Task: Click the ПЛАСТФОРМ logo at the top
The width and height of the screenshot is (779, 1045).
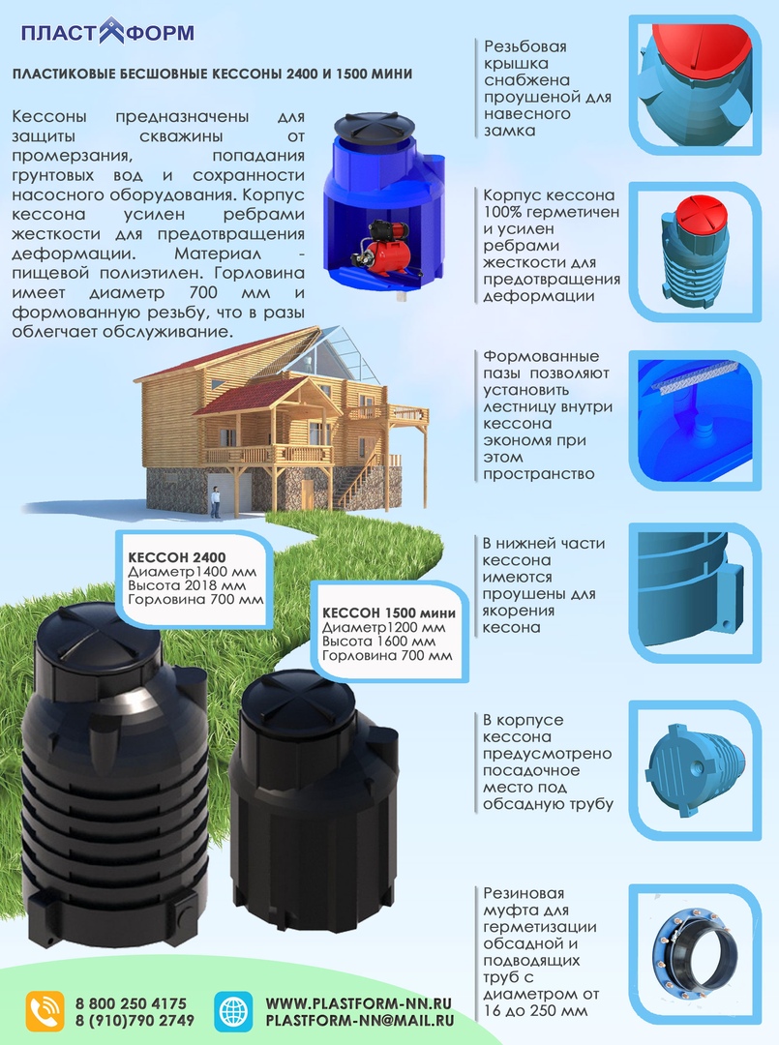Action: tap(107, 32)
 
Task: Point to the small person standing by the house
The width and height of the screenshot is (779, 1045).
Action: tap(216, 500)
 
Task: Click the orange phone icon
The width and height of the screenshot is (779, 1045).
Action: tap(45, 1011)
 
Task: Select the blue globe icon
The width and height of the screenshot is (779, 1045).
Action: tap(232, 1011)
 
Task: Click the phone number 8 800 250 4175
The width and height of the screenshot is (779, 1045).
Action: tap(131, 1003)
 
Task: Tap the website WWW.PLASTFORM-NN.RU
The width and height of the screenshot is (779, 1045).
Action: tap(359, 1003)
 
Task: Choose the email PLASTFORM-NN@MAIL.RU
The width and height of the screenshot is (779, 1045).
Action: tap(359, 1021)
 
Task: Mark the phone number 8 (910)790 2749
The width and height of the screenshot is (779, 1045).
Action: tap(135, 1021)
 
